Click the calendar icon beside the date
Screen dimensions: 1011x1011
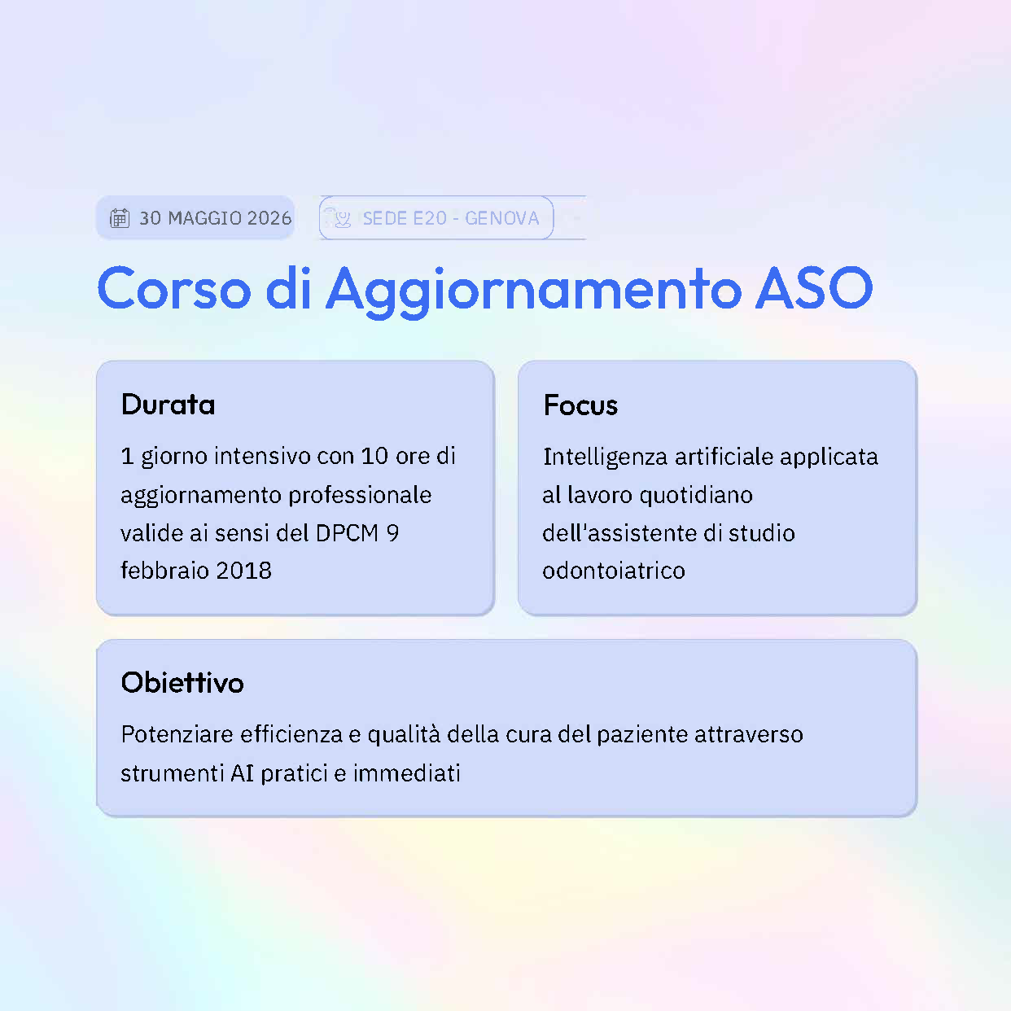[x=120, y=218]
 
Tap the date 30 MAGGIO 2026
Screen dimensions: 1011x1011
[x=215, y=218]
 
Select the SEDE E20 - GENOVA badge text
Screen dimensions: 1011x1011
[x=450, y=218]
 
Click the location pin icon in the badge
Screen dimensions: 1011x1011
[x=342, y=218]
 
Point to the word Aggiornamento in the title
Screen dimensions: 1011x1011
[x=533, y=290]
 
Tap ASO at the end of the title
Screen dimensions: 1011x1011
[x=814, y=288]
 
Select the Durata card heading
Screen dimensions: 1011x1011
[x=168, y=405]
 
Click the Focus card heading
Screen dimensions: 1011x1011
[x=580, y=405]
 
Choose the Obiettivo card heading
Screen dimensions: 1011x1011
[x=182, y=682]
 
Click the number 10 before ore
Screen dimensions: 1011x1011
[x=374, y=456]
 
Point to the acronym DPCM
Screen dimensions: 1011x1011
[x=348, y=533]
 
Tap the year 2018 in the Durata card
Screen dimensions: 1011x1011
[x=244, y=571]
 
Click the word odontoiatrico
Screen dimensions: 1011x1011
[x=614, y=571]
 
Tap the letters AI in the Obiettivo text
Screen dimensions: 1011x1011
[x=243, y=772]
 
